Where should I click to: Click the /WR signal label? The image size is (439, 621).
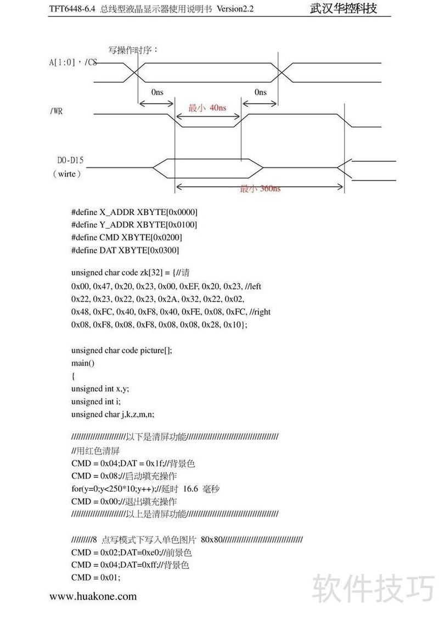[56, 111]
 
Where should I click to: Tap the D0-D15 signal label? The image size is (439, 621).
[71, 160]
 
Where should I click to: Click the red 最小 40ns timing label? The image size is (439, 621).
[207, 108]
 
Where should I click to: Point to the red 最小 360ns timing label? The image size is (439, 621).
[260, 189]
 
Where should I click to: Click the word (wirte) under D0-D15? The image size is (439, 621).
[67, 173]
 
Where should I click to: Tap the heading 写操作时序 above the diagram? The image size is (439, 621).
[133, 50]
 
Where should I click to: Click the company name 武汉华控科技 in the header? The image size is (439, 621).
[344, 9]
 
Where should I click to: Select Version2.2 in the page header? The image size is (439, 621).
[235, 9]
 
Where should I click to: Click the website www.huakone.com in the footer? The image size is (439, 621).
[93, 596]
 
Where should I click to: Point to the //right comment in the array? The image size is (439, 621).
[260, 312]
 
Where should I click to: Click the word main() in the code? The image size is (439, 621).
[83, 363]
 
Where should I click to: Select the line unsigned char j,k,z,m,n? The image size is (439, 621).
[116, 415]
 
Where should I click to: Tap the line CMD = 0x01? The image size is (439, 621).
[95, 577]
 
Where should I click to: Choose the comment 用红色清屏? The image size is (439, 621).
[95, 450]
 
